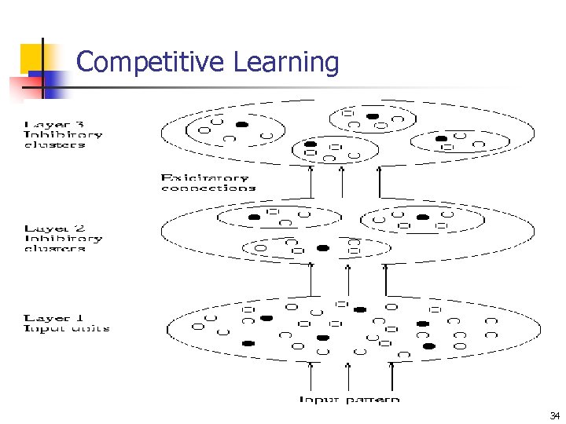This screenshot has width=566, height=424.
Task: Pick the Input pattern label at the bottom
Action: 349,400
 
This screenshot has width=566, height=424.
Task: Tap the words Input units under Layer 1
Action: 67,328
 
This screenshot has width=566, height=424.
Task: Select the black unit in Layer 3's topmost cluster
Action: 373,116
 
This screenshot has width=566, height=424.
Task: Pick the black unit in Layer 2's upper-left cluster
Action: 254,217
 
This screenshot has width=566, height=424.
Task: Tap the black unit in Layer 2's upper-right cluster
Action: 423,217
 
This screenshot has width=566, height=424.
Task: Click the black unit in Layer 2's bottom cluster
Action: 322,248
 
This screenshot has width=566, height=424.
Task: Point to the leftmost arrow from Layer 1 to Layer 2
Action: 311,280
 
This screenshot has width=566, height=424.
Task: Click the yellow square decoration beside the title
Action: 32,57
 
